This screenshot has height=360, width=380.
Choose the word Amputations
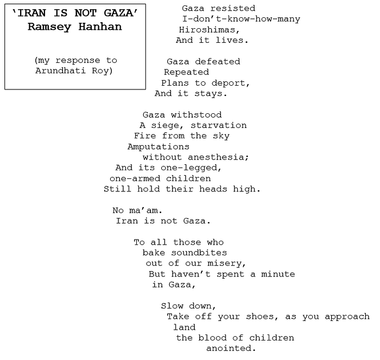point(159,146)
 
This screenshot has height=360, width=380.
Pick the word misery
point(227,263)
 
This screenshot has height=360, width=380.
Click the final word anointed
point(231,349)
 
